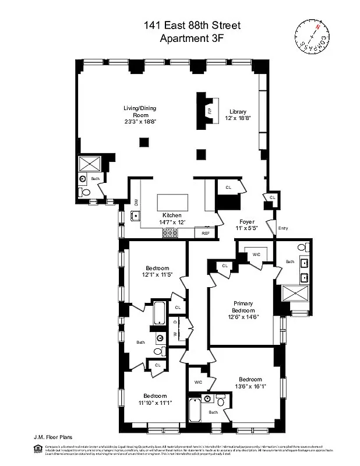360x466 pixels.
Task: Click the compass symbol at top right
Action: [312, 36]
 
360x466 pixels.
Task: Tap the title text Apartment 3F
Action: [192, 38]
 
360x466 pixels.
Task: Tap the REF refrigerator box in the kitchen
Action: [205, 233]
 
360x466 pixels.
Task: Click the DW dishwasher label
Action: [136, 203]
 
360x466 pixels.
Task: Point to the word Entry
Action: [283, 228]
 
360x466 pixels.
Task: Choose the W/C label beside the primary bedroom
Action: [255, 254]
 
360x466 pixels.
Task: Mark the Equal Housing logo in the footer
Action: [38, 447]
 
